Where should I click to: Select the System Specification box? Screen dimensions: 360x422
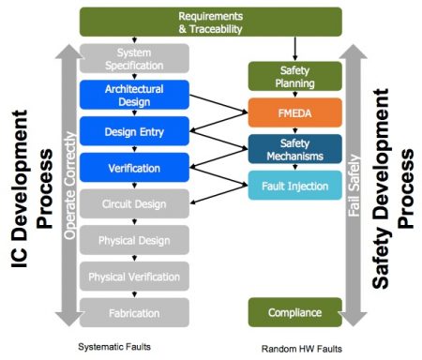(x=133, y=59)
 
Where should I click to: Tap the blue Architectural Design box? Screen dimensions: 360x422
(x=135, y=95)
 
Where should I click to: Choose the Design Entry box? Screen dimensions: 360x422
(x=135, y=130)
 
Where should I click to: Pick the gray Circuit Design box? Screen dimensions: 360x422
(x=135, y=202)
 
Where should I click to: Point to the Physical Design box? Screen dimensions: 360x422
(x=135, y=240)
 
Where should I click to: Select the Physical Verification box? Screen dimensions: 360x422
(x=135, y=276)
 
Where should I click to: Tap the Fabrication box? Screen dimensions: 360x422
(x=135, y=311)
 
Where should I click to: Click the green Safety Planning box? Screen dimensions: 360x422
(x=294, y=76)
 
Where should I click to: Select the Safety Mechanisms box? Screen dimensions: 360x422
(x=294, y=148)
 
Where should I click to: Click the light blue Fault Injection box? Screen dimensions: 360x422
(x=294, y=184)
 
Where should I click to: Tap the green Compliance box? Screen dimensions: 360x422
(x=294, y=311)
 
